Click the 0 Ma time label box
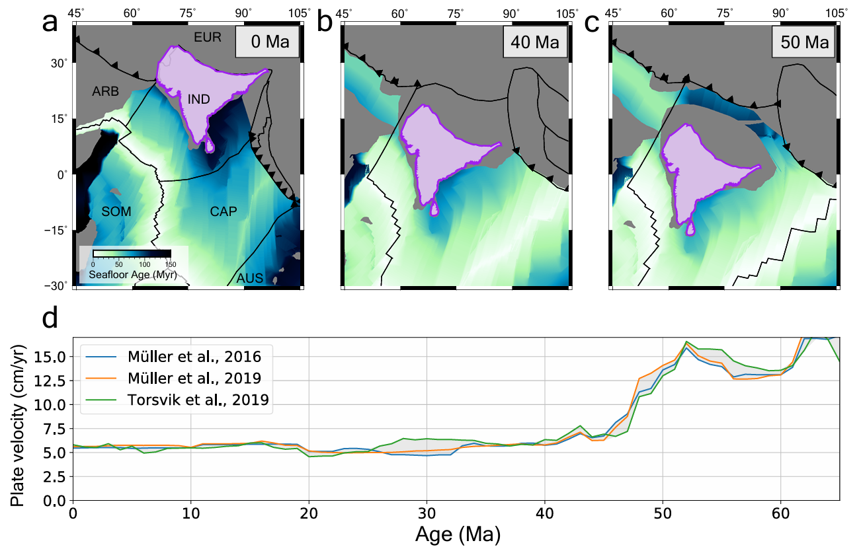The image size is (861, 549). tap(267, 43)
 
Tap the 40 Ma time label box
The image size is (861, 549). tap(535, 43)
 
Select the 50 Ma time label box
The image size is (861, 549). tap(803, 43)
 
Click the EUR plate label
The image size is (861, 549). tap(207, 38)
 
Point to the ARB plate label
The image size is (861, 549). tap(105, 92)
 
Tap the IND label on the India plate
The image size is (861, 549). tap(198, 100)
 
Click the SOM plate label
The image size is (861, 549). tap(116, 211)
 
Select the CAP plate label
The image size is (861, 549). tap(224, 211)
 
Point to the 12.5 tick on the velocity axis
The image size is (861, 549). tap(50, 381)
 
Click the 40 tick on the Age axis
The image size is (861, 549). tap(544, 513)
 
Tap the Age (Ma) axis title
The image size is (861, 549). tap(457, 533)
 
